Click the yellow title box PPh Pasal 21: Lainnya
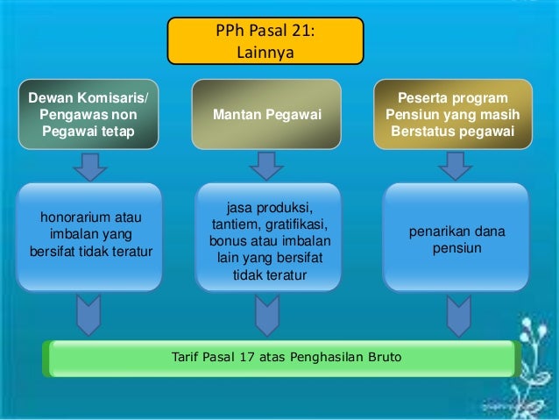click(x=265, y=42)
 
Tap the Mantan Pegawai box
click(x=266, y=116)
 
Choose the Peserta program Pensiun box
click(x=452, y=116)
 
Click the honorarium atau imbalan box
click(x=90, y=235)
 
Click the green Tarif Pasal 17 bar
click(x=280, y=358)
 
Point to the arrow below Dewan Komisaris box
click(x=89, y=164)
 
